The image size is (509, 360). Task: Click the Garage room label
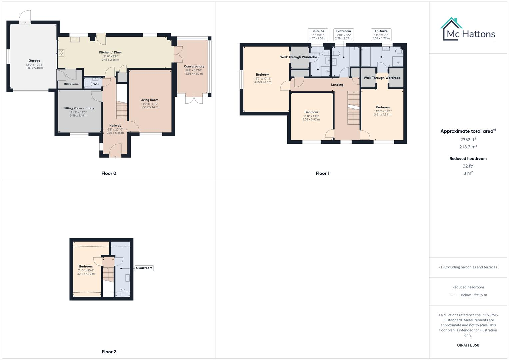pos(34,61)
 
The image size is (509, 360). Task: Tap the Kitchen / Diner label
pos(110,52)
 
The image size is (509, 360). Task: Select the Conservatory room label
pos(194,66)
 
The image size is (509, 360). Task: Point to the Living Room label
pos(149,100)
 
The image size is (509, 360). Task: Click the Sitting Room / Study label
pos(79,108)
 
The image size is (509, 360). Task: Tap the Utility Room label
pos(71,84)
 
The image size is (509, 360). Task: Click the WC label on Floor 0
pos(96,84)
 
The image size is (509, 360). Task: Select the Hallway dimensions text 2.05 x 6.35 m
pos(115,133)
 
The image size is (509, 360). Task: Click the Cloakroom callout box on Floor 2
pos(144,268)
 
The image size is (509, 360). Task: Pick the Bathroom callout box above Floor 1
pos(343,34)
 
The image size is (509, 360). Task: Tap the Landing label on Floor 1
pos(337,85)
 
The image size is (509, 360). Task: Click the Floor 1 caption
pos(322,173)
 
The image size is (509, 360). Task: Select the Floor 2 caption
pos(109,352)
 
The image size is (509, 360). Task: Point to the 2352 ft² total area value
pos(468,140)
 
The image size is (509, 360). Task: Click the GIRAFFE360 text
pos(468,345)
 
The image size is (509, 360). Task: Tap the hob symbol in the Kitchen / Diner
pos(61,53)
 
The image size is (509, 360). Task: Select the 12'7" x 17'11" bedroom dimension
pos(263,79)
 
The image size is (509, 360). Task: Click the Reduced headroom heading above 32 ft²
pos(468,159)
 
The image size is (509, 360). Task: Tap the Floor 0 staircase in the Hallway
pos(122,110)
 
